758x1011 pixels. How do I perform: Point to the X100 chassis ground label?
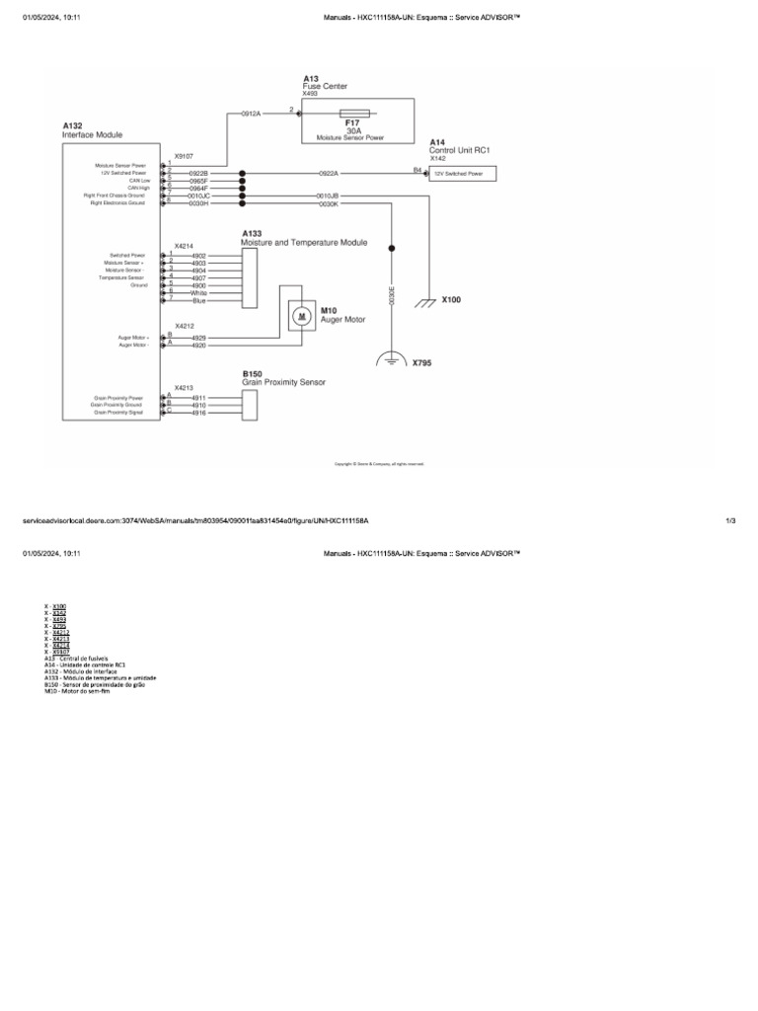tap(451, 299)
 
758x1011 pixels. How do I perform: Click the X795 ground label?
tap(422, 362)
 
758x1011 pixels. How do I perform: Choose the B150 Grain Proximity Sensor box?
tap(249, 405)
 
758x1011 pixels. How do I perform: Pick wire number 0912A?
tap(251, 114)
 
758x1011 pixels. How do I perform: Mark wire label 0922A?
tap(328, 173)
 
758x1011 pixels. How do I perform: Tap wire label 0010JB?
tap(328, 195)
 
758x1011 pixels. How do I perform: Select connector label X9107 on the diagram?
tap(184, 156)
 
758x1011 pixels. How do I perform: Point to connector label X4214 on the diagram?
tap(184, 246)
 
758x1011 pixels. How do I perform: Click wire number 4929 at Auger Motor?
tap(198, 338)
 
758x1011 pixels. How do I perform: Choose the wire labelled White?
tap(198, 292)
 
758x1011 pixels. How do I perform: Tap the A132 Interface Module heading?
tap(92, 130)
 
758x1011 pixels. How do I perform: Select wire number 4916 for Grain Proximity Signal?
tap(198, 413)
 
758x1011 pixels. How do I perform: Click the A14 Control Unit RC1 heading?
tap(459, 146)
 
